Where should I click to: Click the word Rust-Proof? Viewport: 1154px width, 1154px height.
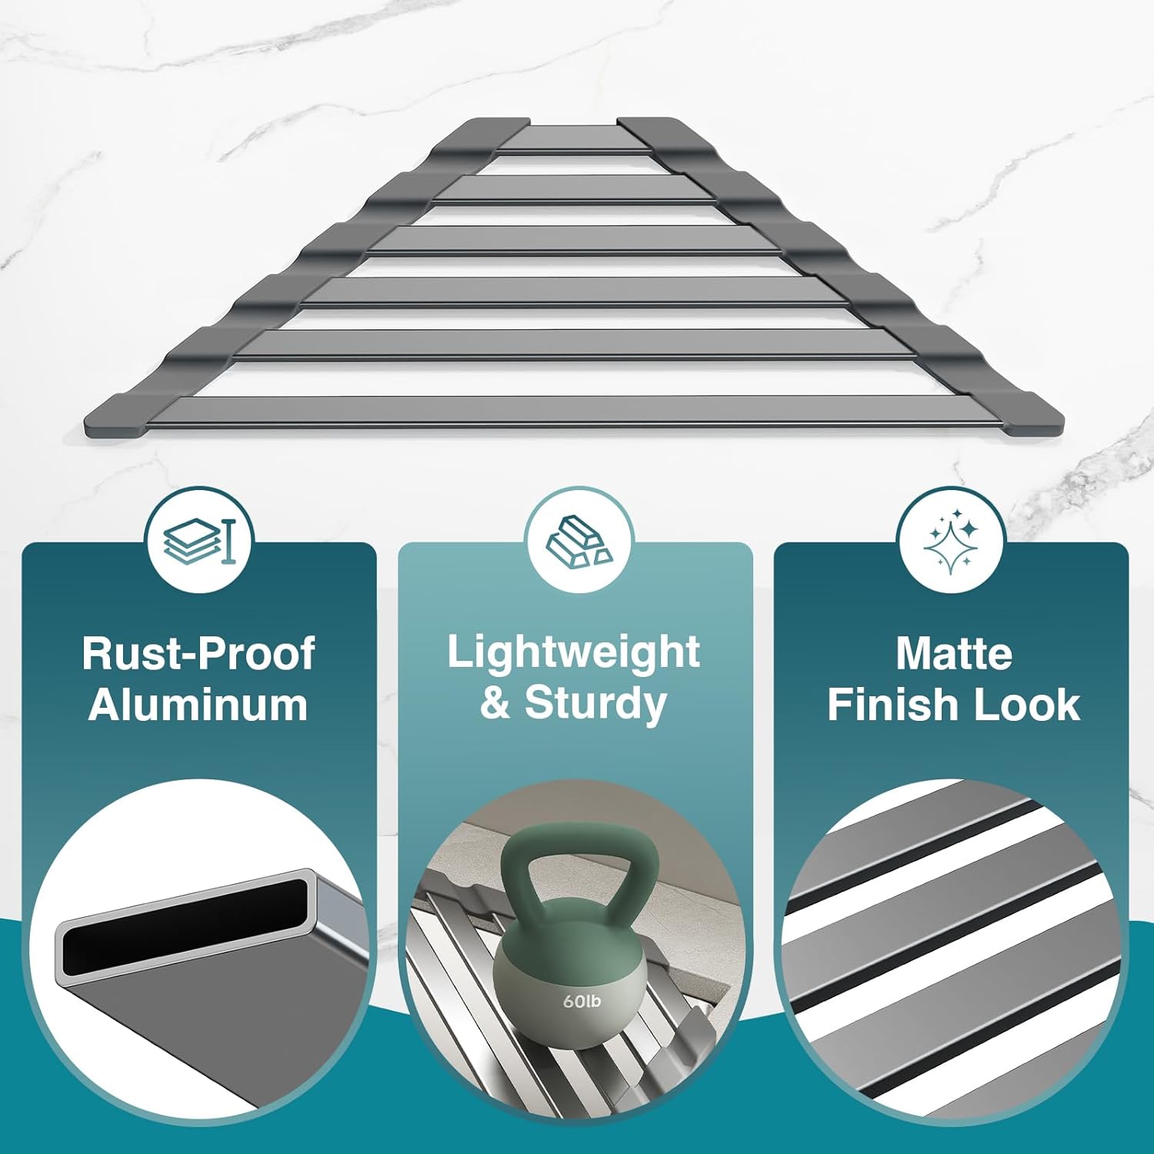click(x=198, y=654)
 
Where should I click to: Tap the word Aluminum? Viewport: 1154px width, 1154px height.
click(x=198, y=705)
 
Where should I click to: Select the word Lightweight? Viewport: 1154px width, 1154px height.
click(x=573, y=652)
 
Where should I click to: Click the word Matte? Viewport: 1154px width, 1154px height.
click(x=953, y=654)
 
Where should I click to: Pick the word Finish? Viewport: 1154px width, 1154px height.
click(x=890, y=705)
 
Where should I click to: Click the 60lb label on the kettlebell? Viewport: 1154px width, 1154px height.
click(x=582, y=1001)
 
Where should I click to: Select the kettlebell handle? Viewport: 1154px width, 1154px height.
click(x=579, y=862)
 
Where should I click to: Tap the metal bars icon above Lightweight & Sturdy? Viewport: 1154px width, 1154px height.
click(x=578, y=539)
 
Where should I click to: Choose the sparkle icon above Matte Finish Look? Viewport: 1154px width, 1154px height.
click(x=951, y=540)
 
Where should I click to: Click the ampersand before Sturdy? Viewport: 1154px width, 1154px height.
click(x=495, y=703)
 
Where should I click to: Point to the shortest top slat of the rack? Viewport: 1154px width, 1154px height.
click(x=573, y=138)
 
